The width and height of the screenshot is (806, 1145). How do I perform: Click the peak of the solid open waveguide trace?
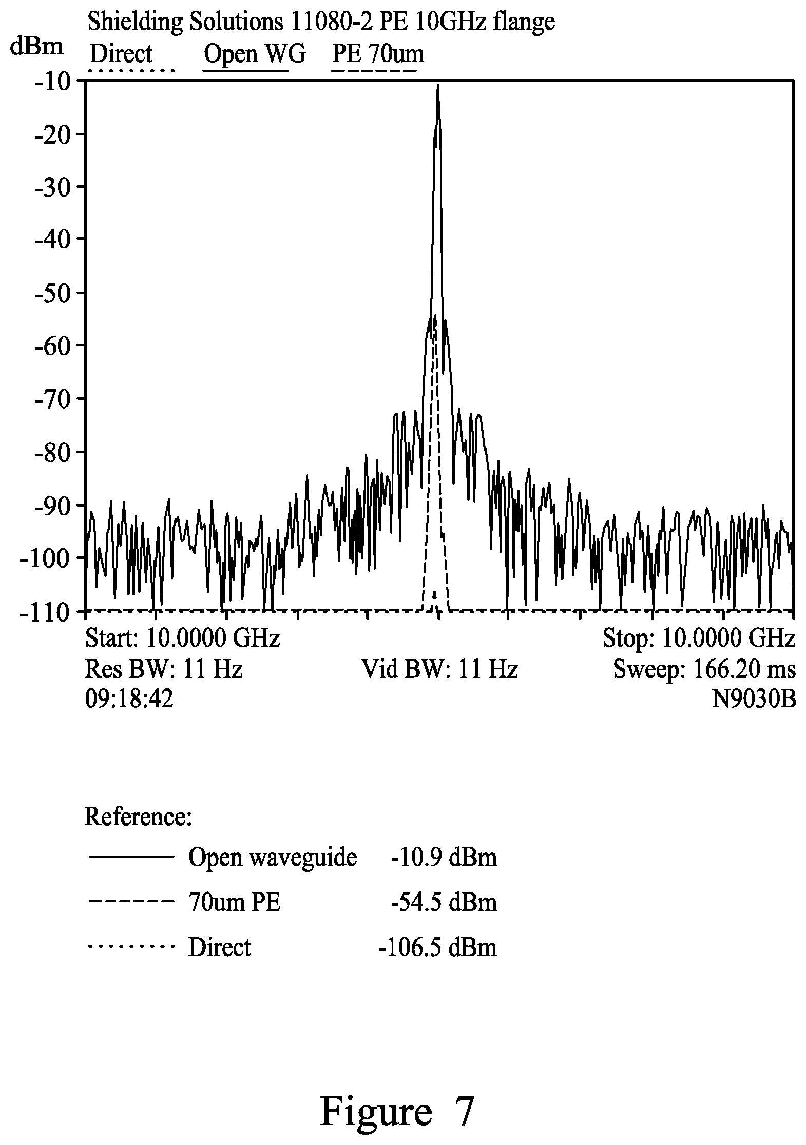[x=437, y=85]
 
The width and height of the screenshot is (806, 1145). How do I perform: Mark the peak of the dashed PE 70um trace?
[x=435, y=315]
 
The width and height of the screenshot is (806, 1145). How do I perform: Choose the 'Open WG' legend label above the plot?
[x=255, y=53]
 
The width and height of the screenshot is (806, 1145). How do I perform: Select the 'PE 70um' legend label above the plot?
[x=378, y=53]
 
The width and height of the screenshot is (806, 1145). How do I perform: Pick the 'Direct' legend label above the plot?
[x=121, y=53]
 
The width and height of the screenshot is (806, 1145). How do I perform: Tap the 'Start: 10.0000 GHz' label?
[x=182, y=638]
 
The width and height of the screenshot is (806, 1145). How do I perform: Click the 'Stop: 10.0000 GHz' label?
[x=699, y=638]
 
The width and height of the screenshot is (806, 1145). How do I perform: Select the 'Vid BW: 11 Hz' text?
[x=439, y=669]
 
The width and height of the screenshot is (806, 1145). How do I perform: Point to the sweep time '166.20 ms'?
[x=744, y=669]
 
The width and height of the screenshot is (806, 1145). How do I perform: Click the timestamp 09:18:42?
[x=129, y=699]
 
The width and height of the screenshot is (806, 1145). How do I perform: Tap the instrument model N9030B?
[x=754, y=699]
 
